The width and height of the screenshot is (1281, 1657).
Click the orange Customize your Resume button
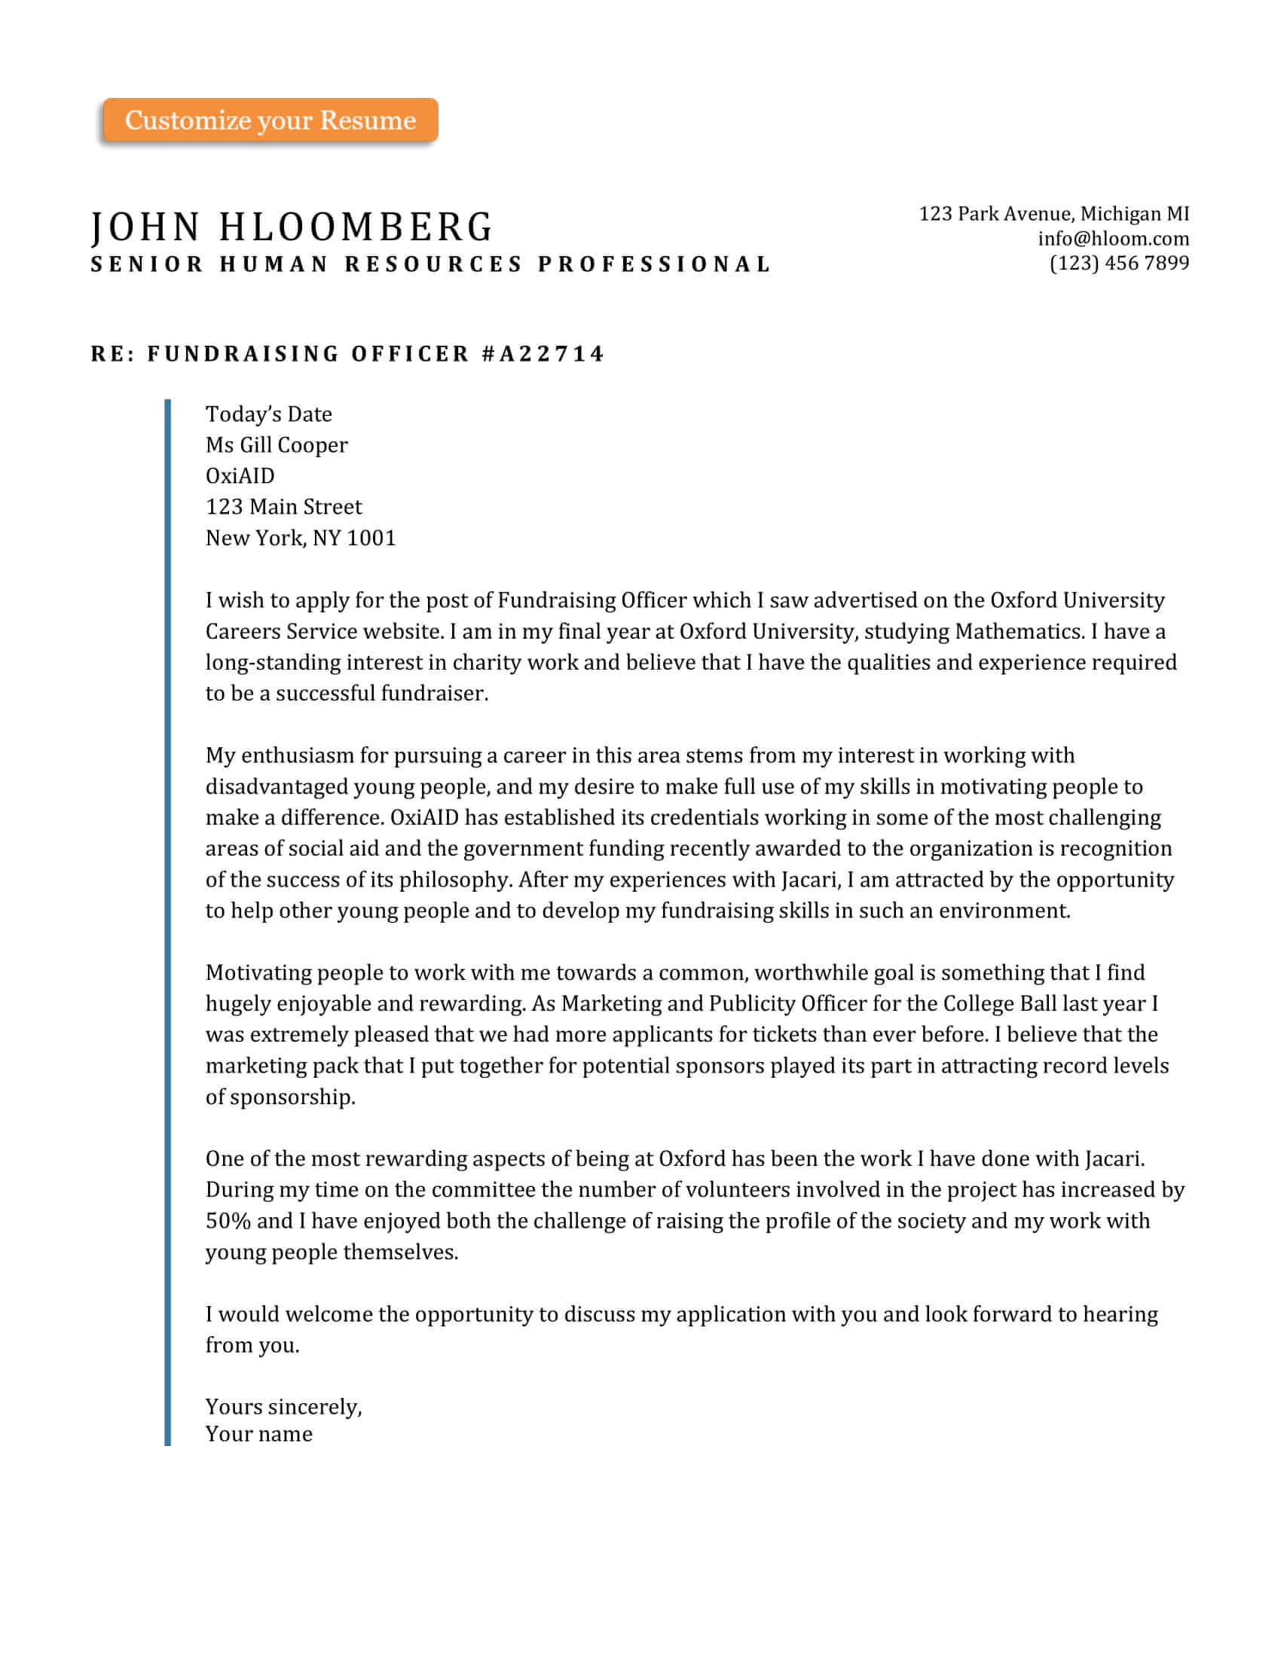(271, 120)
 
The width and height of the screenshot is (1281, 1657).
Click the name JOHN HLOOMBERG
(292, 227)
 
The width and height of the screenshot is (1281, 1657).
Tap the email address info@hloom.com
(1113, 239)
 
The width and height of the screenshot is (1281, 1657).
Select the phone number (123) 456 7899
(1118, 264)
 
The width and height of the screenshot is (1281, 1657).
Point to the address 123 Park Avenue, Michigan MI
(1053, 214)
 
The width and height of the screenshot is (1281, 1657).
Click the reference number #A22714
(543, 353)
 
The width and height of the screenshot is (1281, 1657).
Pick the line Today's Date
(269, 414)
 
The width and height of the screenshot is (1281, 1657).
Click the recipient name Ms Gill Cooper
(277, 445)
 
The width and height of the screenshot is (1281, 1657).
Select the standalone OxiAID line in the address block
(240, 476)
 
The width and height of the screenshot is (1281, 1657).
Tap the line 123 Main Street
(284, 507)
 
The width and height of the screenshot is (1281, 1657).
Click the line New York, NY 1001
(301, 538)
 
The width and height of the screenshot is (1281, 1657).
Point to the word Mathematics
(1020, 631)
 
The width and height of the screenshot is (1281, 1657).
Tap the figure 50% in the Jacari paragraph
(228, 1221)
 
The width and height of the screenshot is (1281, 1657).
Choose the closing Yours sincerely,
(284, 1408)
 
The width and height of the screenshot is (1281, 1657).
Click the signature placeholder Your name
(258, 1435)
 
